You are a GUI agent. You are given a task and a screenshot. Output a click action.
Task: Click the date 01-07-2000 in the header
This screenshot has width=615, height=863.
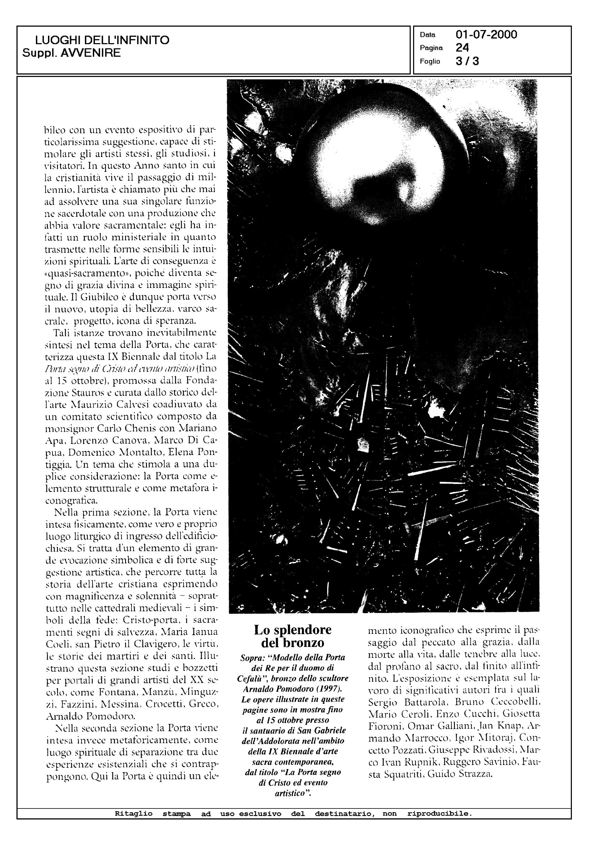486,35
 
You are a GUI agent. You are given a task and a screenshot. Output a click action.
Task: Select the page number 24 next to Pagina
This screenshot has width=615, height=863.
462,48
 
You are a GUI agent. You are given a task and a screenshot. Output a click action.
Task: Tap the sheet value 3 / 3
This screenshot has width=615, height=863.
467,61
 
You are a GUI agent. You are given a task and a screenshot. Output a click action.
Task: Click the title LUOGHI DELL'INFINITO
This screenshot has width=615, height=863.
102,40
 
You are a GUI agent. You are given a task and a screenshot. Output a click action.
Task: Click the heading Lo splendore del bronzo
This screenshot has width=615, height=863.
293,636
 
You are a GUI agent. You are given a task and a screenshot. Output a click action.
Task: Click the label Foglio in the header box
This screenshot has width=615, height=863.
430,62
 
